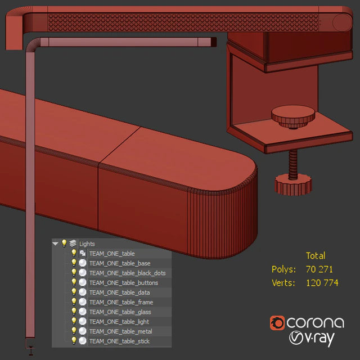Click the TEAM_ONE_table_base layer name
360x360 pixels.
pos(120,263)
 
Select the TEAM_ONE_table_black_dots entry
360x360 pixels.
pos(128,273)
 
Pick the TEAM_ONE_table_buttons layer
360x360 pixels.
pos(124,282)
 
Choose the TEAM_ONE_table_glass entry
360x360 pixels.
pos(120,312)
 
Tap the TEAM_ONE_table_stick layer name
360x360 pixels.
pos(119,341)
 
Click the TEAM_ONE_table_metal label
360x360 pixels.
pos(121,331)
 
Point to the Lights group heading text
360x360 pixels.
pos(87,244)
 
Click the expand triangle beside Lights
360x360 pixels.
pos(55,244)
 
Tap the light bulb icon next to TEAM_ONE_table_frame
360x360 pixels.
pos(74,301)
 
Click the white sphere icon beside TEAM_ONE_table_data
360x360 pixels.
pos(83,292)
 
